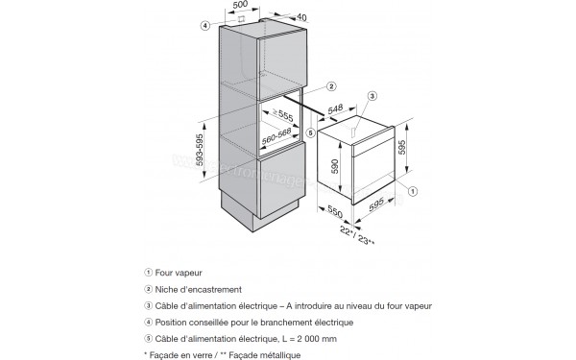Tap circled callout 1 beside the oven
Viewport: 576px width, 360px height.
coord(413,192)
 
